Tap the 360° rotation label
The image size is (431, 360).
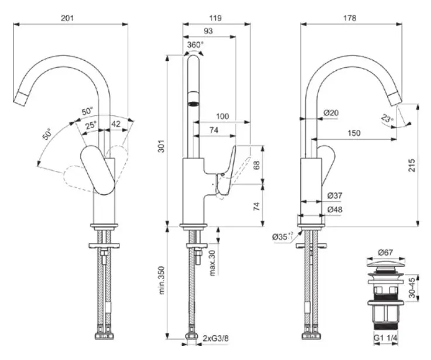pos(196,44)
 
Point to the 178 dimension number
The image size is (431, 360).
pos(350,18)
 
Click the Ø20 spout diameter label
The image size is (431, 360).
pos(331,112)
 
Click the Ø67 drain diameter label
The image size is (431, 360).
pos(385,252)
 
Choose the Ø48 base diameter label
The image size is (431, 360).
pos(334,209)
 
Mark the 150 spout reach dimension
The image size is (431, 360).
pos(353,133)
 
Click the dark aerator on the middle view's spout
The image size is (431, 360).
pos(193,104)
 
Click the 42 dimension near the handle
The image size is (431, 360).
pos(116,124)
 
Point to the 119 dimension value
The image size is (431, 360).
pos(215,18)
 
